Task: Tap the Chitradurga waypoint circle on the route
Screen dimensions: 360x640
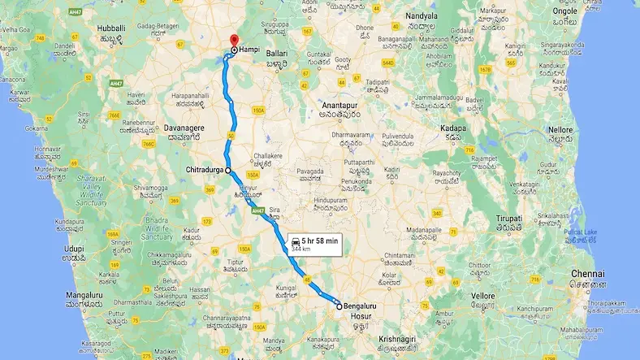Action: point(229,170)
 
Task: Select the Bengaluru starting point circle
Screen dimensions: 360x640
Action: point(339,306)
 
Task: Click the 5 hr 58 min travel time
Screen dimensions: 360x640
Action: point(319,241)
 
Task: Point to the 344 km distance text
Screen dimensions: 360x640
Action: point(302,249)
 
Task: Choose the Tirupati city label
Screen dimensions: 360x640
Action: point(508,221)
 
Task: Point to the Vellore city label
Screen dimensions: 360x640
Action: point(483,295)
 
